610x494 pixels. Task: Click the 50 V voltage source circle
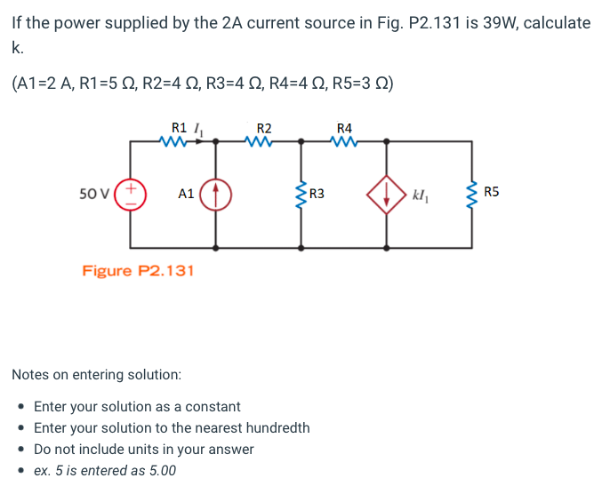pyautogui.click(x=131, y=193)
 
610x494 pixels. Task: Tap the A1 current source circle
pyautogui.click(x=216, y=193)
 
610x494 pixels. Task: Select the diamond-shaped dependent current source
pyautogui.click(x=387, y=193)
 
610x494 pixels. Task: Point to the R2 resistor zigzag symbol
pyautogui.click(x=261, y=141)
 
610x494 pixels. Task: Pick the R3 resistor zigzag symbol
pyautogui.click(x=301, y=193)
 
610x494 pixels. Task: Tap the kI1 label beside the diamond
pyautogui.click(x=421, y=193)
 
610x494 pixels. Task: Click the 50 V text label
pyautogui.click(x=94, y=193)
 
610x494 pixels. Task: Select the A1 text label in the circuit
pyautogui.click(x=186, y=193)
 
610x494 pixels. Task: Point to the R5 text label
pyautogui.click(x=493, y=192)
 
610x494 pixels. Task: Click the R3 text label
pyautogui.click(x=317, y=193)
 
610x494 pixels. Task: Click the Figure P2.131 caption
pyautogui.click(x=138, y=270)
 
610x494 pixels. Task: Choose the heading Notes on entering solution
pyautogui.click(x=96, y=375)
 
